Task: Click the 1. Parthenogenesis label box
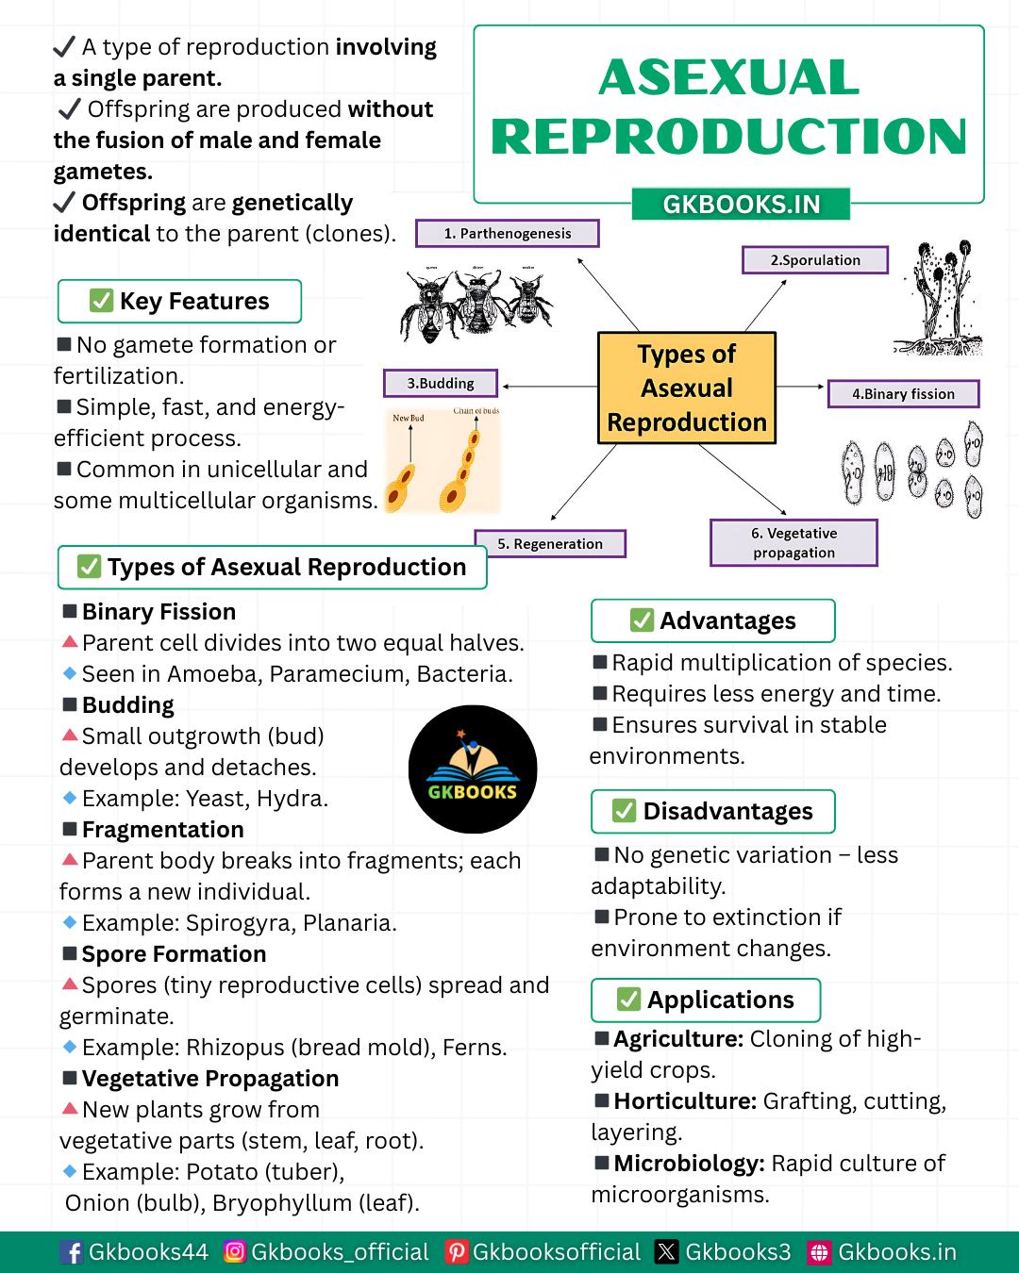tap(507, 233)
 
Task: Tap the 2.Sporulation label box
tap(814, 259)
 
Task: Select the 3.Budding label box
tap(440, 384)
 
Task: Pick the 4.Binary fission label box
tap(903, 394)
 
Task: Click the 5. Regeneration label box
tap(550, 544)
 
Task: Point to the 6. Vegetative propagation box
tap(793, 542)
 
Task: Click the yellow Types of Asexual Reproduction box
tap(686, 389)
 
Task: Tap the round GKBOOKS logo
tap(473, 769)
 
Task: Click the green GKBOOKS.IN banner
tap(741, 204)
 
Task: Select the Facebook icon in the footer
tap(71, 1252)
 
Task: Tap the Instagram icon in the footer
tap(235, 1251)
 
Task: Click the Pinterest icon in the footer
tap(456, 1252)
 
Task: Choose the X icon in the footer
tap(666, 1252)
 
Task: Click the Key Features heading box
tap(179, 301)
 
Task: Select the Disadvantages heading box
tap(713, 811)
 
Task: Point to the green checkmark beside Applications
tap(628, 1000)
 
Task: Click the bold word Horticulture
tap(685, 1100)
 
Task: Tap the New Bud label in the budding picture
tap(408, 418)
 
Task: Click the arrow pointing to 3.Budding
tap(549, 387)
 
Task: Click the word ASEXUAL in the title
tap(728, 77)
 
